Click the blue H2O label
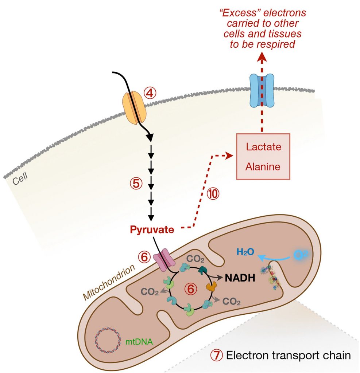click(245, 252)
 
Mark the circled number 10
click(213, 194)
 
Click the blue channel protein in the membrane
click(261, 90)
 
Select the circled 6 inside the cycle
click(190, 289)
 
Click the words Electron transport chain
click(288, 355)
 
